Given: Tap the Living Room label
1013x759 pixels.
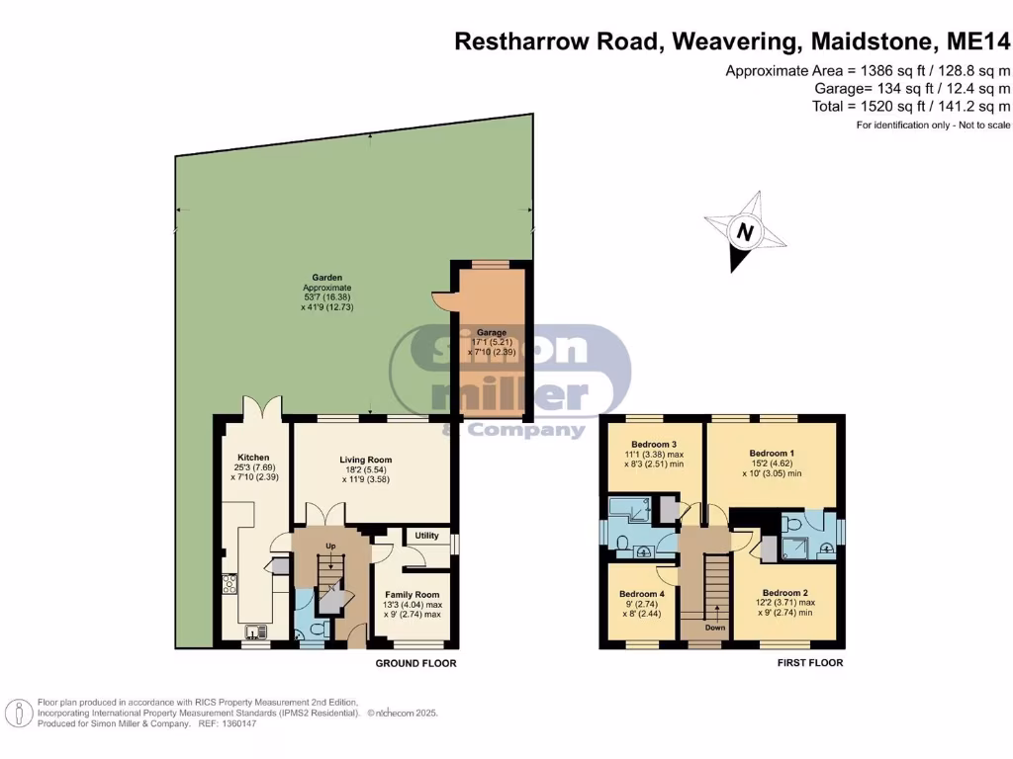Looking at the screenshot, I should click(x=366, y=460).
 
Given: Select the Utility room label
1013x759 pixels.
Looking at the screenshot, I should click(x=426, y=535).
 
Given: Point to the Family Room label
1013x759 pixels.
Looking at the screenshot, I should click(x=413, y=594).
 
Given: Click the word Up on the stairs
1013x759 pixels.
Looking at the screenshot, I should click(x=330, y=546).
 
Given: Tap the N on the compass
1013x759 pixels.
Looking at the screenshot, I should click(x=745, y=233).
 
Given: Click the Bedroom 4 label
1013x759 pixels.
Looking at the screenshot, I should click(x=639, y=594).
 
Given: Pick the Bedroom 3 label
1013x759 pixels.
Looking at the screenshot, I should click(x=654, y=444).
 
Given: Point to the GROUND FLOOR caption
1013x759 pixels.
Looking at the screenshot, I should click(x=415, y=663).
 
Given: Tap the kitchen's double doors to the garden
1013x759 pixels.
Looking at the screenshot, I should click(x=262, y=407).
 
